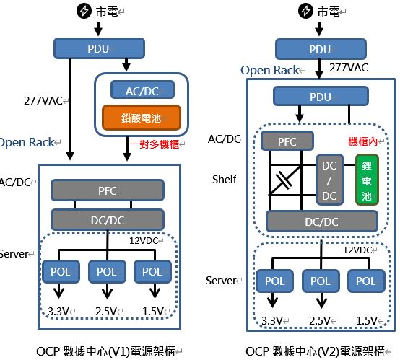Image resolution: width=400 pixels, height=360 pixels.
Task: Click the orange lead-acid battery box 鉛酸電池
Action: [x=142, y=118]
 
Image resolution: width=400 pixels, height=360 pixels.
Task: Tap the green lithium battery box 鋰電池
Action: [x=367, y=180]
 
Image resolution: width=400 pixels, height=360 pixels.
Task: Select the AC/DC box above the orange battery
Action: [x=143, y=89]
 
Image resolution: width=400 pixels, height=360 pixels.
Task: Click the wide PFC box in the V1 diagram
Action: [x=108, y=190]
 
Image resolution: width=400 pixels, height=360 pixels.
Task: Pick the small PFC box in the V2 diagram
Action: [x=287, y=141]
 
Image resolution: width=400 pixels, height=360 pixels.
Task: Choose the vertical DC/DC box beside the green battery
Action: [x=329, y=180]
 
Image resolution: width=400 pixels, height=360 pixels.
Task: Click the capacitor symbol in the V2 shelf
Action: [x=284, y=180]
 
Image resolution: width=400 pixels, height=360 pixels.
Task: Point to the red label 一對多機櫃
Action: [x=155, y=144]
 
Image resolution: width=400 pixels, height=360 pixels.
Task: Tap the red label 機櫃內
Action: [x=363, y=141]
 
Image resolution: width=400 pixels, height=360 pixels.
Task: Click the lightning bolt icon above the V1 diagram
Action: [x=84, y=12]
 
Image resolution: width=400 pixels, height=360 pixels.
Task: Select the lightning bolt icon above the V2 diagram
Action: [x=305, y=12]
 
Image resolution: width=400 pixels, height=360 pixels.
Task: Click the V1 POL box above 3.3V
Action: [x=61, y=271]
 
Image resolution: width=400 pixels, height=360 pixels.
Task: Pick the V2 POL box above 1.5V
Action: [x=366, y=281]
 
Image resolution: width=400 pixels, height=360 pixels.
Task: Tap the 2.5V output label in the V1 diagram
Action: [x=106, y=312]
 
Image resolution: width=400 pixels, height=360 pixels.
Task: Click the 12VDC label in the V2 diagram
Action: [x=357, y=250]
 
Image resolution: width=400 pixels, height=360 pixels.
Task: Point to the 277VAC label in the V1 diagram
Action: [x=43, y=101]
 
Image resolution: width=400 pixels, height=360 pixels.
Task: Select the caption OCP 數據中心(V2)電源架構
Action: [x=315, y=351]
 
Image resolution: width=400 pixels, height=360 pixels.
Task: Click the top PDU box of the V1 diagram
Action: [x=99, y=48]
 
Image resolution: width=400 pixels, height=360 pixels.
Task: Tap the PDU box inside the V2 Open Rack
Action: [x=321, y=97]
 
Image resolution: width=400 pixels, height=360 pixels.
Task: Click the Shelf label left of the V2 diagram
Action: [x=225, y=180]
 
